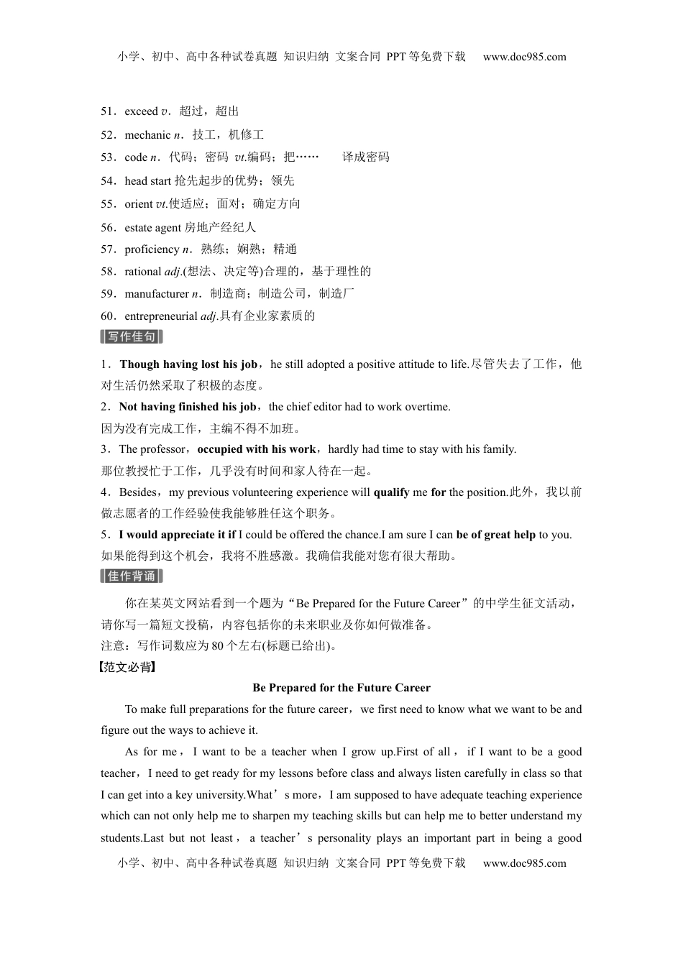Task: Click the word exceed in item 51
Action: (141, 111)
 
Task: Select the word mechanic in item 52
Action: (147, 135)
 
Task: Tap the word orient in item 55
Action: (138, 204)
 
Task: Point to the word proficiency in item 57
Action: (152, 249)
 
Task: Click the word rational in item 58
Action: (142, 272)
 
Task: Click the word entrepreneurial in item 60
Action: (160, 316)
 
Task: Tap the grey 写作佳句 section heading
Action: (132, 337)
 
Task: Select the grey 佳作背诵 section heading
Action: (132, 576)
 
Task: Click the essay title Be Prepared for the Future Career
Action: (341, 688)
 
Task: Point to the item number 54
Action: (108, 181)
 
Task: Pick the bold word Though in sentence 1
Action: (139, 364)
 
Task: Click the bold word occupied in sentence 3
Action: (220, 449)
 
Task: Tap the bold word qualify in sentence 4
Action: (391, 492)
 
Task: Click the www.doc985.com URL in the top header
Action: (524, 57)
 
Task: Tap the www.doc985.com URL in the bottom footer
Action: (524, 863)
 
